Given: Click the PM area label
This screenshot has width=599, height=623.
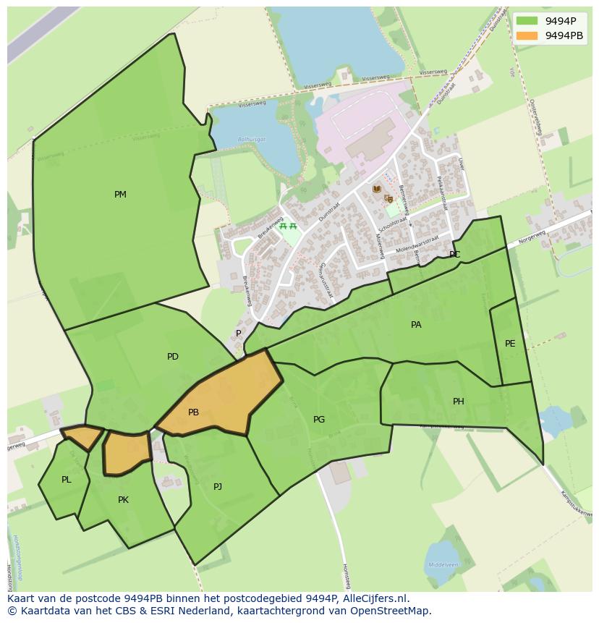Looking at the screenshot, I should coord(120,195).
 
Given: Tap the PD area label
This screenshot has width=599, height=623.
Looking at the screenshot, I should coord(172,357).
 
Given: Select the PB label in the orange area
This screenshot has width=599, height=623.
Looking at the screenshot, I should coord(193,412).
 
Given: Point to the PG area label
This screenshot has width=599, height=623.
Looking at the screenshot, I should coord(319,420).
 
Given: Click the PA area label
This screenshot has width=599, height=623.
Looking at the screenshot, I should coord(416,325).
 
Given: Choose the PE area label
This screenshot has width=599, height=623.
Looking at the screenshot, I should coord(510,344).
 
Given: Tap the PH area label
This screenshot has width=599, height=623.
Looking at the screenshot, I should coord(458,402).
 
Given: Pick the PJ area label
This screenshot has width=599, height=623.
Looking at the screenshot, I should coord(217,487).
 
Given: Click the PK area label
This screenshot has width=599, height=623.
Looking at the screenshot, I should coord(123,500).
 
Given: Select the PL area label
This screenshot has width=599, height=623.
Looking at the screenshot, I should coord(67,480).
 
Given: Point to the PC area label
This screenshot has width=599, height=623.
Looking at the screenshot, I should coord(454,255).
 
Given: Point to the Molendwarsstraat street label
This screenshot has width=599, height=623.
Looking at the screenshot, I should coord(417,245).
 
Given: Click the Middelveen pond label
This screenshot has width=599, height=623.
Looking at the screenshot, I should coord(443,564).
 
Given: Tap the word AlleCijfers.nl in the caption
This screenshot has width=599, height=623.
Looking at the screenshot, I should coord(375,599).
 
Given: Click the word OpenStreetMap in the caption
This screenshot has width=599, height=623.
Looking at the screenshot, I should coord(394,611).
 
